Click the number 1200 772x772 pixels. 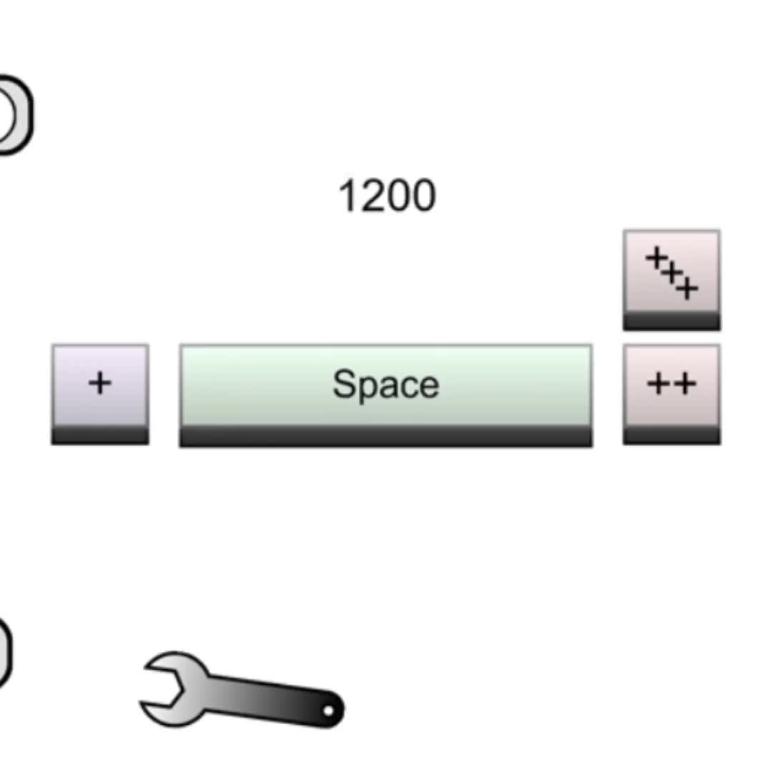[387, 195]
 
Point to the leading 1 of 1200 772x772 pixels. [349, 195]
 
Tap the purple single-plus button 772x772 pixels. [100, 395]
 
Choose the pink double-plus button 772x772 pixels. [671, 395]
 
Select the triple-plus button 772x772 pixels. [671, 279]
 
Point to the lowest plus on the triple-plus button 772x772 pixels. [688, 289]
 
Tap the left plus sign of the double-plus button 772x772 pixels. [659, 383]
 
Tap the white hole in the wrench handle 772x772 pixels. [328, 711]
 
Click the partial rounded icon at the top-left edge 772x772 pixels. [16, 115]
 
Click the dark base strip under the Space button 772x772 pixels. [386, 437]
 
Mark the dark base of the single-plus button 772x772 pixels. [100, 435]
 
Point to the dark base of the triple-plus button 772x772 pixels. [671, 321]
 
